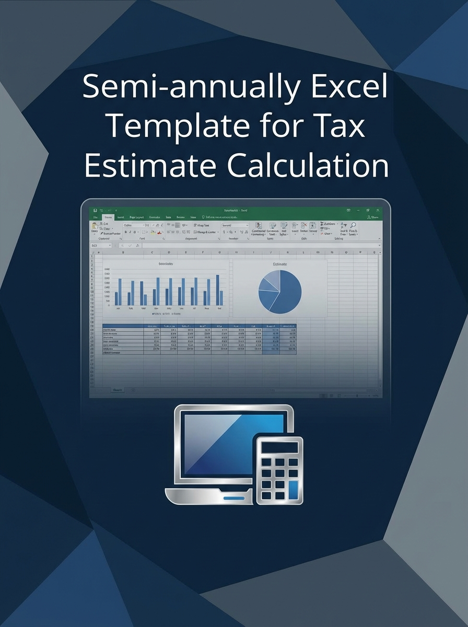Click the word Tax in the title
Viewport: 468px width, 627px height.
(339, 127)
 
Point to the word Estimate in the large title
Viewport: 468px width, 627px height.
(149, 167)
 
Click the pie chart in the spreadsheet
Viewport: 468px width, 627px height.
(280, 292)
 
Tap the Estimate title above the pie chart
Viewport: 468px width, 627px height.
(280, 264)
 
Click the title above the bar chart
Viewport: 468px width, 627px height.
(166, 264)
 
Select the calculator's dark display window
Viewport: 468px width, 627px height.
(279, 447)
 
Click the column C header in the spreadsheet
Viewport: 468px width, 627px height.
(152, 252)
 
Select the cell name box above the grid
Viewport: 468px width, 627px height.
(100, 245)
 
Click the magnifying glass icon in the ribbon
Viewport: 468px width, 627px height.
(353, 226)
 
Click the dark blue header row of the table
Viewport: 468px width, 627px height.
(199, 326)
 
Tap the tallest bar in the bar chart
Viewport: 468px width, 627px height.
(217, 290)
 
